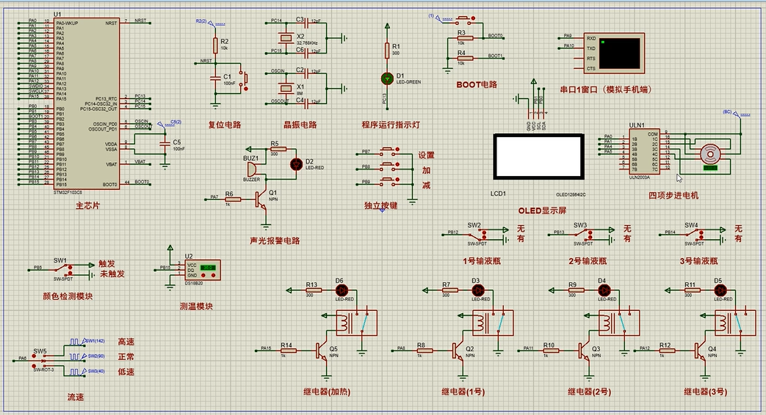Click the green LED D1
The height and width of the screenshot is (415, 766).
(x=388, y=77)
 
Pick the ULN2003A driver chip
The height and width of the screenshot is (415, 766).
(x=641, y=153)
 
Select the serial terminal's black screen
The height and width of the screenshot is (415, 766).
(x=618, y=53)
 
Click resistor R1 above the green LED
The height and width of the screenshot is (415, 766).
(x=388, y=50)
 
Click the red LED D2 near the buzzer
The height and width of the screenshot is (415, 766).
(x=297, y=164)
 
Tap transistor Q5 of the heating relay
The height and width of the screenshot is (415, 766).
(x=322, y=350)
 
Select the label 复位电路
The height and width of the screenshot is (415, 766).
(x=225, y=125)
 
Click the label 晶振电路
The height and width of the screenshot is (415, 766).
(x=300, y=125)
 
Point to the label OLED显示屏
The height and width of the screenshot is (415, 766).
(x=542, y=210)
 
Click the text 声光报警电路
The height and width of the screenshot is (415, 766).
(x=275, y=240)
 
